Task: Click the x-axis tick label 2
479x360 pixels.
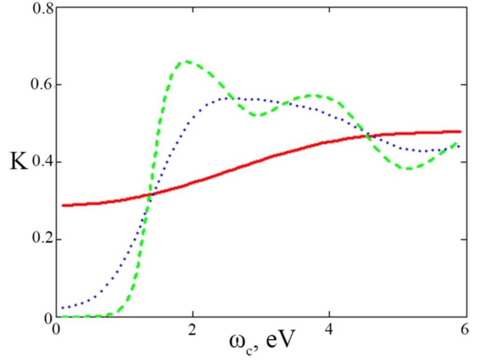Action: tap(191, 330)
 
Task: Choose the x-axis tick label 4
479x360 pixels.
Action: tap(329, 330)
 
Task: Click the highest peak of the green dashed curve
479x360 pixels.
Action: tap(187, 61)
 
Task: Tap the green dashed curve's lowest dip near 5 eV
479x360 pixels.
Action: tap(409, 168)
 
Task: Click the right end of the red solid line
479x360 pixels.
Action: tap(461, 131)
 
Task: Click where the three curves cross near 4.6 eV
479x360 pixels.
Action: tap(368, 136)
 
